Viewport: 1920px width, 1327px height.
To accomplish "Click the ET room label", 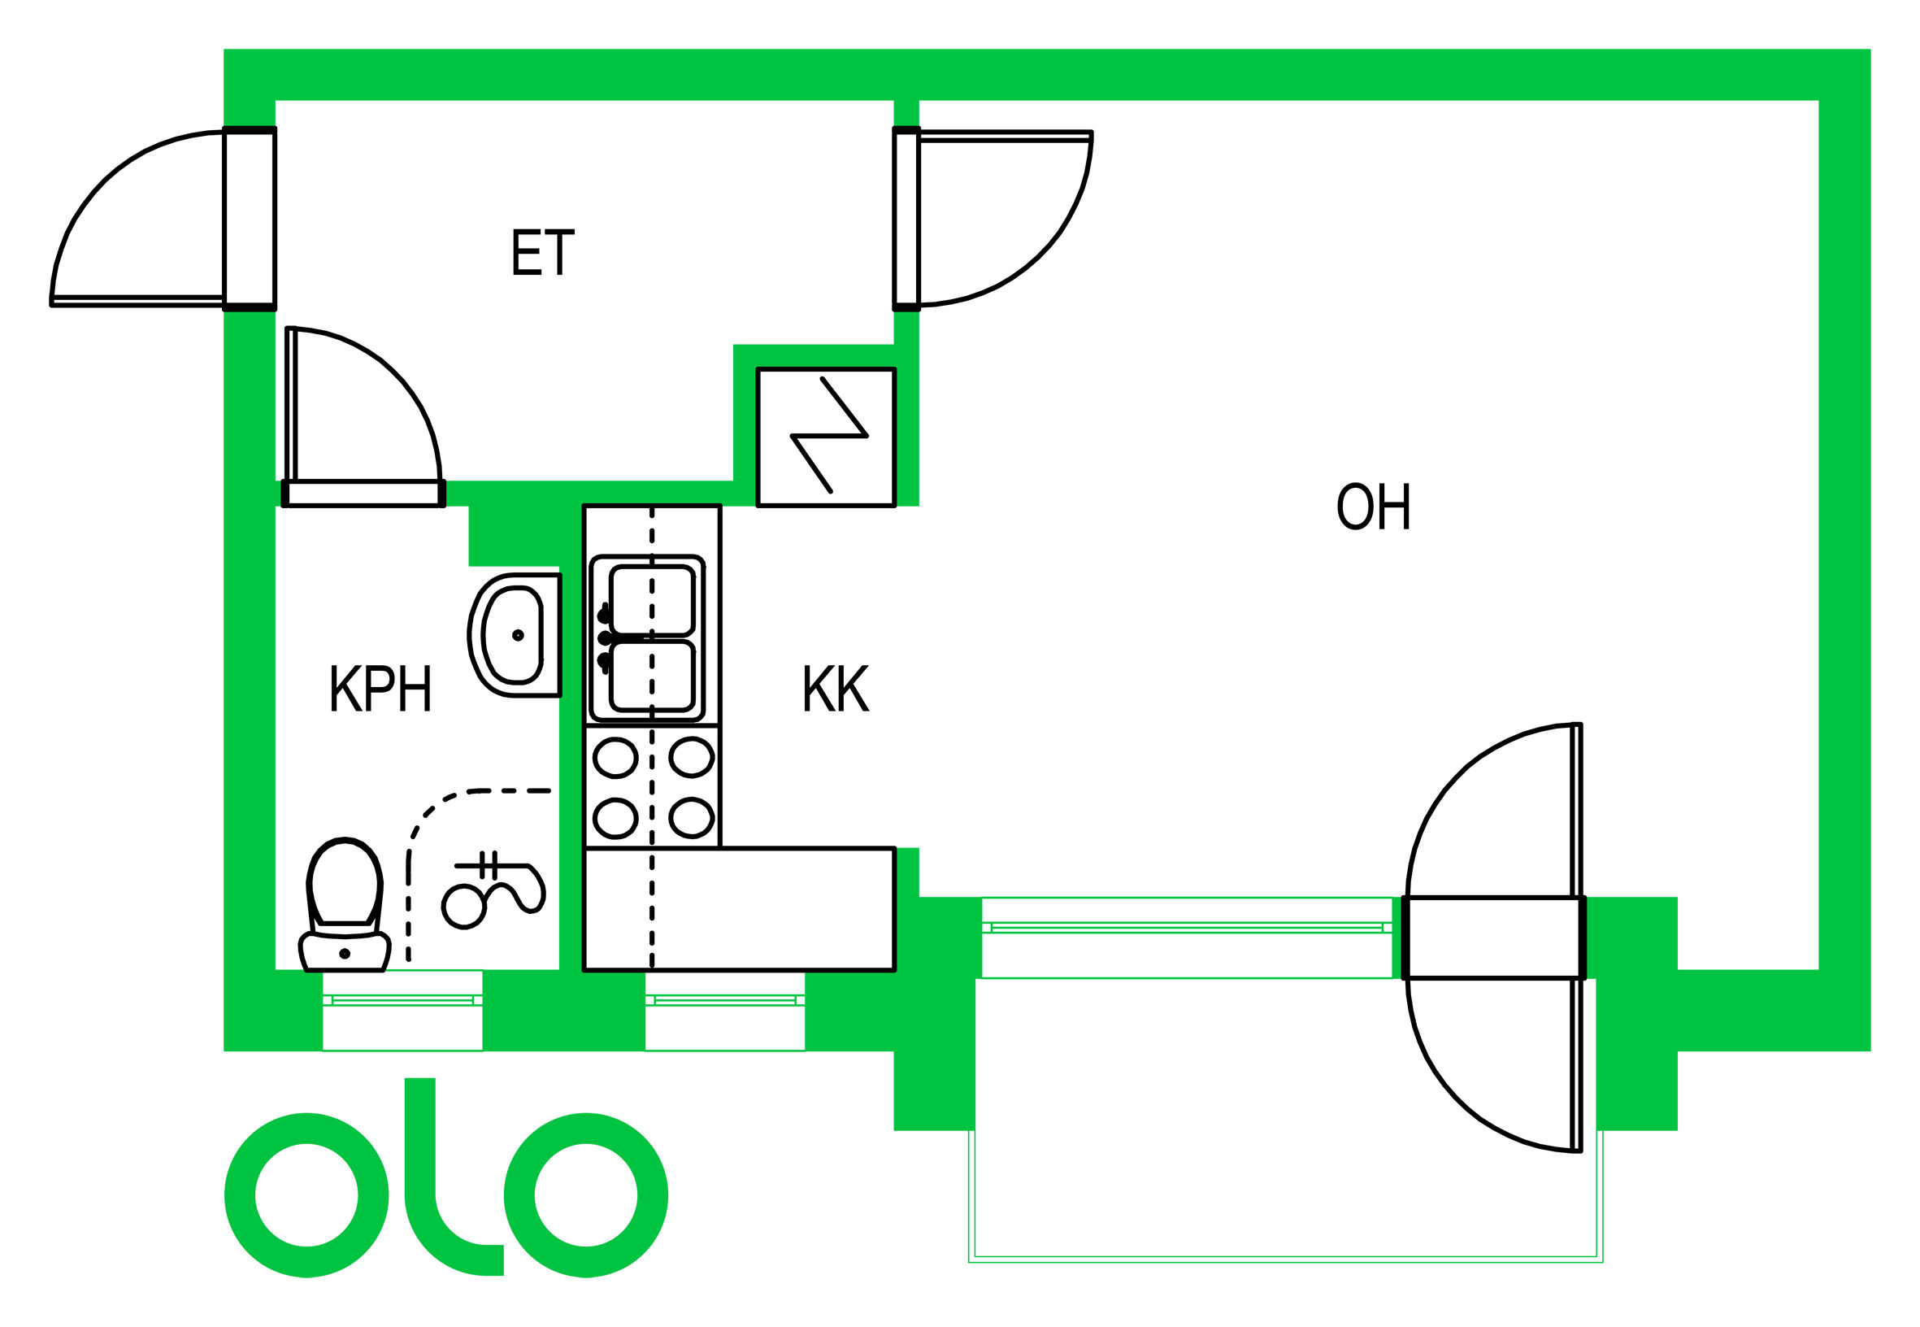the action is [x=542, y=253].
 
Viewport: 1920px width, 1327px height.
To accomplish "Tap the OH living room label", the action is [x=1373, y=507].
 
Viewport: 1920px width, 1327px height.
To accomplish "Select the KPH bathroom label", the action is [x=380, y=689].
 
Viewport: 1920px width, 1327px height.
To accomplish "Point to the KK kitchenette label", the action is [x=836, y=689].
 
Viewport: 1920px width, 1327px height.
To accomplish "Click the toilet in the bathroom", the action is [x=345, y=906].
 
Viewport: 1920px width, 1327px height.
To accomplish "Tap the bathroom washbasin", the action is [x=515, y=635].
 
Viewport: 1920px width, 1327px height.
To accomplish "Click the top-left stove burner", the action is [x=615, y=758].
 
